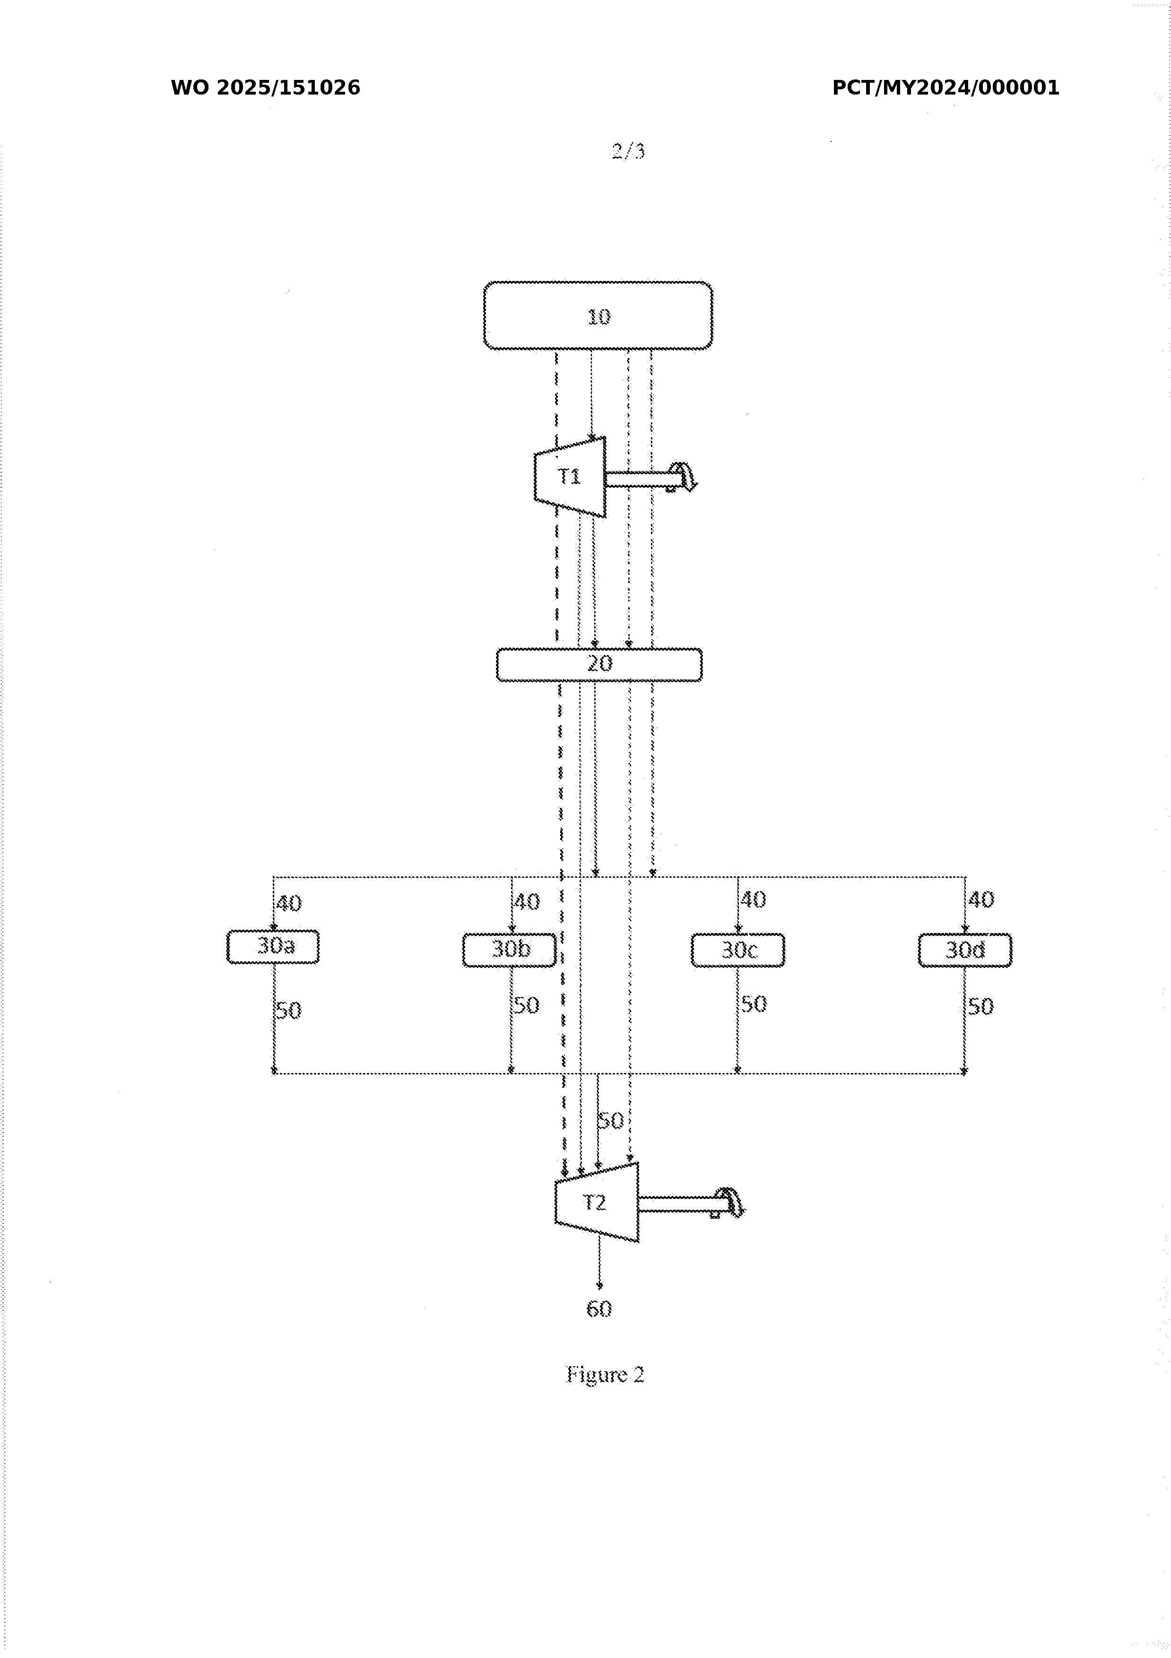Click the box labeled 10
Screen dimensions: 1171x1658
tap(598, 315)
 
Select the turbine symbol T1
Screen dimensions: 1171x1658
tap(570, 477)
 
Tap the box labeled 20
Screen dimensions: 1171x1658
tap(599, 664)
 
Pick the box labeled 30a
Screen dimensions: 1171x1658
tap(273, 947)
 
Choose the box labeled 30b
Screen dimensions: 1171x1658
tap(510, 950)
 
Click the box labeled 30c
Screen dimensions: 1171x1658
tap(738, 950)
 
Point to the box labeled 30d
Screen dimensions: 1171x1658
tap(965, 950)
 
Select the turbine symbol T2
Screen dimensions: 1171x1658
tap(596, 1202)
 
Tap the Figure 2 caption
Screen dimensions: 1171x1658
tap(605, 1374)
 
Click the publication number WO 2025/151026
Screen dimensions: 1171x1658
tap(266, 88)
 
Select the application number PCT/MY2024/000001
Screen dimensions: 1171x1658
tap(946, 88)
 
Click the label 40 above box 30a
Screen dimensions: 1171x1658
tap(289, 903)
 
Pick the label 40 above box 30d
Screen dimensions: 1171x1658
tap(981, 900)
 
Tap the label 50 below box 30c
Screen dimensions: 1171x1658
tap(754, 1004)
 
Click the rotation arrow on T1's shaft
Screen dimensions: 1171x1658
tap(682, 477)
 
